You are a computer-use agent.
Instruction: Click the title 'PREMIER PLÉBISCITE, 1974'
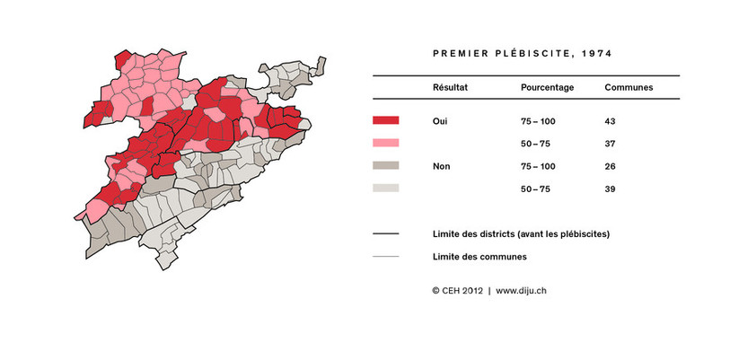pos(522,54)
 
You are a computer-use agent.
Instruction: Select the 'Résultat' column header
pos(450,88)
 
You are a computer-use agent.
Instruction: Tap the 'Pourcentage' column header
pos(547,88)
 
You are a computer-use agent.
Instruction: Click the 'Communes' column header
pos(628,88)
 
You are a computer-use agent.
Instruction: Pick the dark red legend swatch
pos(385,120)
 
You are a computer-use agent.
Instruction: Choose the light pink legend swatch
pos(385,143)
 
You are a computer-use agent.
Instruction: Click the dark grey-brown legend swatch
pos(385,166)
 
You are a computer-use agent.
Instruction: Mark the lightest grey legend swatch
pos(385,189)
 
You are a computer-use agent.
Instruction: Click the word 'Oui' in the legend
pos(441,120)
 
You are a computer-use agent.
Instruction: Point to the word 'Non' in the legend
pos(442,166)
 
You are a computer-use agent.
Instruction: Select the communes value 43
pos(611,120)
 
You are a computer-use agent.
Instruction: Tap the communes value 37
pos(611,144)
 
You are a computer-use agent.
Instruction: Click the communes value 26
pos(611,166)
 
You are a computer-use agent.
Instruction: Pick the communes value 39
pos(611,189)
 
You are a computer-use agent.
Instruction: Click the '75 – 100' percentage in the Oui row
pos(539,120)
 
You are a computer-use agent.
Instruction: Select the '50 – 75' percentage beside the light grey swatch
pos(539,189)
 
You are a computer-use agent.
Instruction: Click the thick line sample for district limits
pos(385,234)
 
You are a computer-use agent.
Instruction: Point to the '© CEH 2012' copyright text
pos(458,291)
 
